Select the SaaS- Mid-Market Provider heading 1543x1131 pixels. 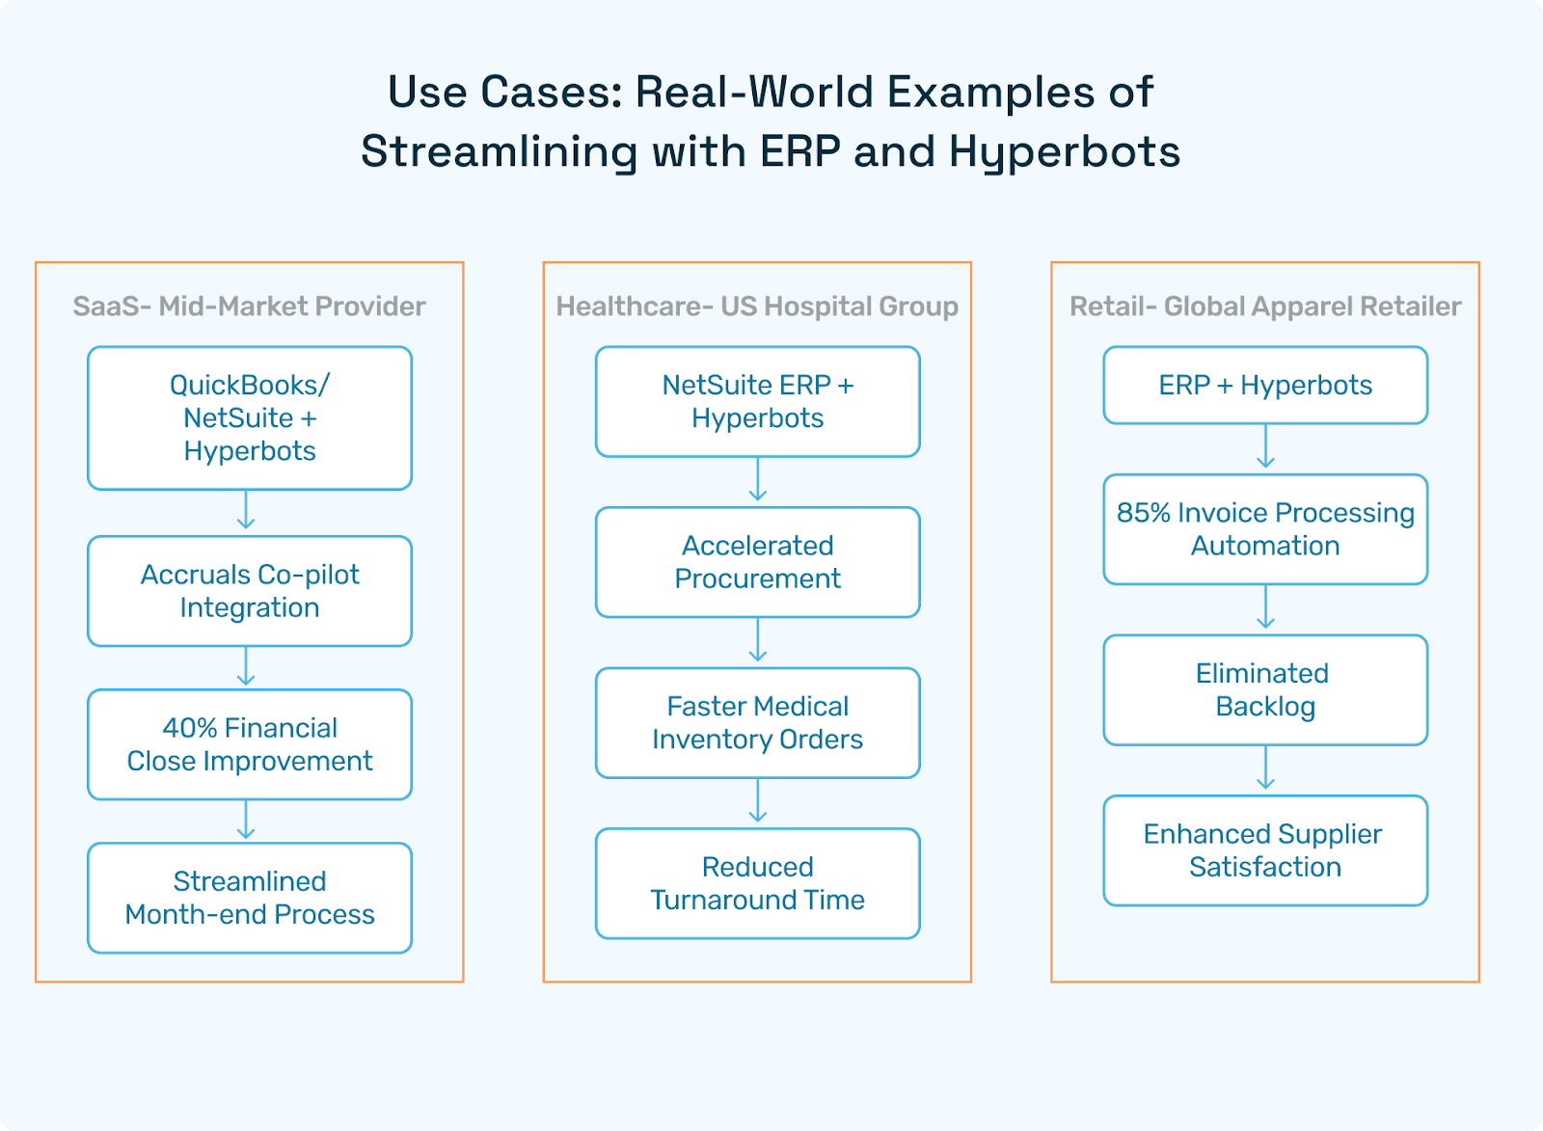tap(250, 307)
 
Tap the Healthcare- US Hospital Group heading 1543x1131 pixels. tap(757, 307)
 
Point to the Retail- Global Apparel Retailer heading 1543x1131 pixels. tap(1265, 307)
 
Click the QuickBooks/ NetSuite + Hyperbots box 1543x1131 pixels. tap(250, 418)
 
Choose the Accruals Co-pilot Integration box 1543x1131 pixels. tap(250, 591)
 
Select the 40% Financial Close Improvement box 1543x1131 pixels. tap(250, 744)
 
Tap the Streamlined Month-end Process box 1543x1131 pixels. tap(250, 899)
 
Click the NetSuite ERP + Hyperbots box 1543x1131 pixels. tap(758, 401)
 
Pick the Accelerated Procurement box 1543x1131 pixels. tap(758, 562)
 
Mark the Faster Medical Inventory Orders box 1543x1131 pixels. tap(758, 722)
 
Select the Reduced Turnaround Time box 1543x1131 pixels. tap(758, 884)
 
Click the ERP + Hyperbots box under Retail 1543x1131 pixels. tap(1265, 385)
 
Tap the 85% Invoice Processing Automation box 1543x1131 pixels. tap(1265, 529)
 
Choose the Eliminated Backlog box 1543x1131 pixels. tap(1265, 690)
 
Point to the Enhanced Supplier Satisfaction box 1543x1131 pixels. tap(1265, 850)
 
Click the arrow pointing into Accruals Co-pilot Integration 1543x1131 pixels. tap(246, 510)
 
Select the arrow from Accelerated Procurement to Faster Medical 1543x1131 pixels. tap(758, 640)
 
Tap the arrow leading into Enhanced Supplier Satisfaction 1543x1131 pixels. tap(1265, 768)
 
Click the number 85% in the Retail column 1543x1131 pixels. tap(1144, 513)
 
